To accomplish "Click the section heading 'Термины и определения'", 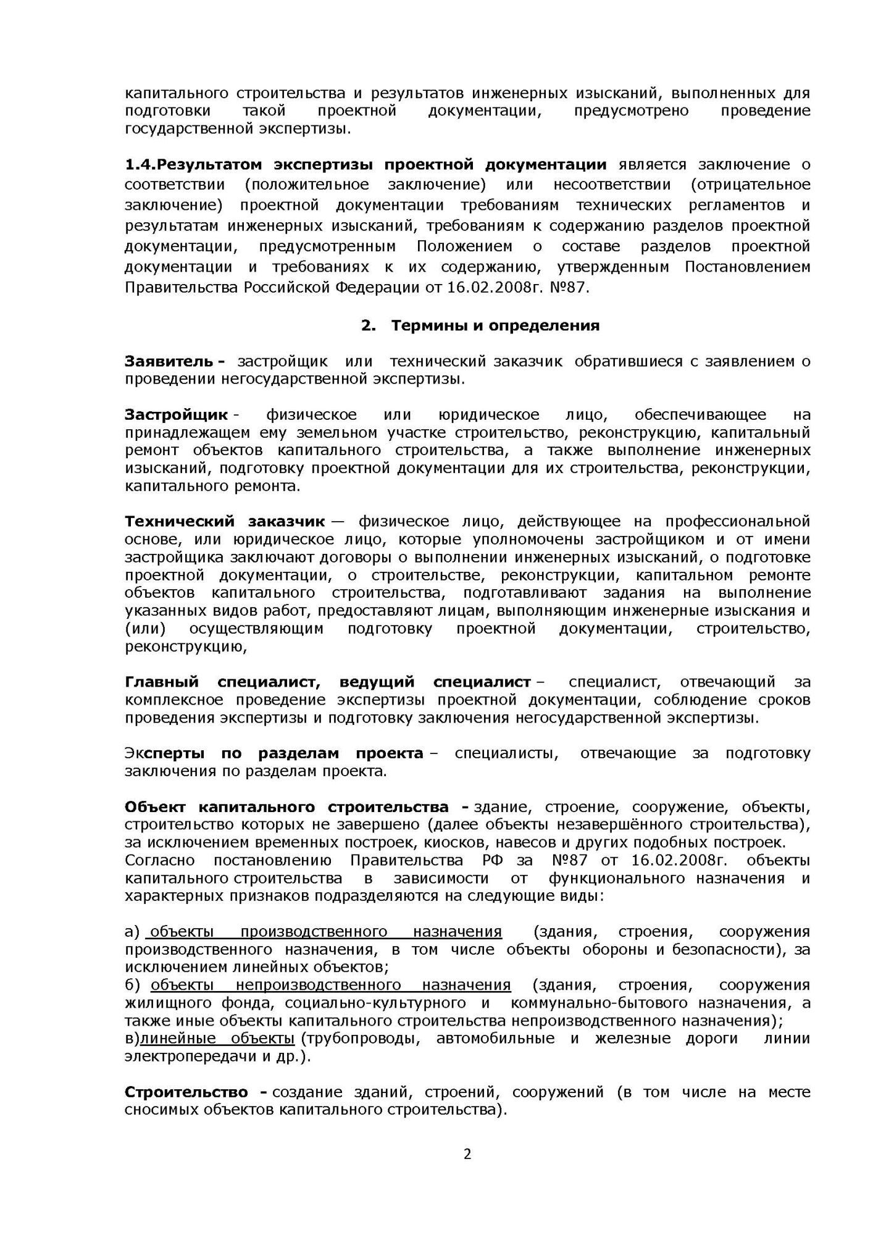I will [x=495, y=325].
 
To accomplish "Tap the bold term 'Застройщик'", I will [x=177, y=414].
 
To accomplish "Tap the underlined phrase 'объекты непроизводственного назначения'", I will [x=330, y=984].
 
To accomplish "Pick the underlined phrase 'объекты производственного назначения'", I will [x=326, y=931].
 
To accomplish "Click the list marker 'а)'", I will [x=133, y=931].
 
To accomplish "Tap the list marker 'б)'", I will [x=133, y=984].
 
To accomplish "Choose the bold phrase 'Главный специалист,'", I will [x=222, y=682].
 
